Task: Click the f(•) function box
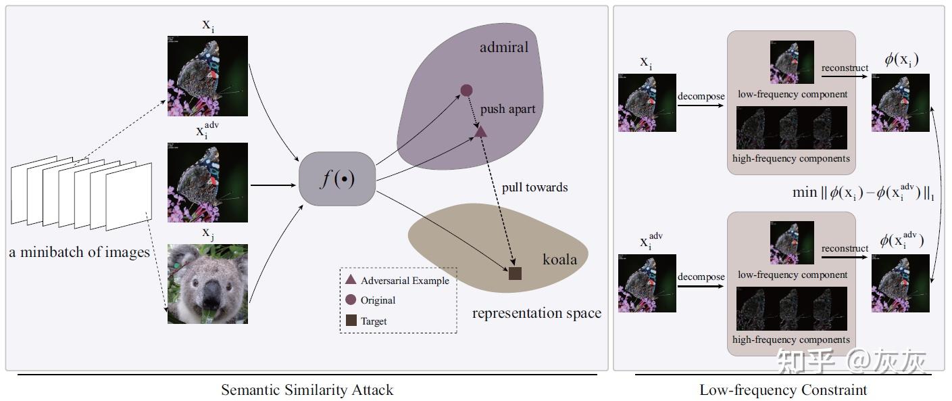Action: [337, 179]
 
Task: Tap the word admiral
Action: [504, 47]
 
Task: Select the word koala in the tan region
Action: [559, 260]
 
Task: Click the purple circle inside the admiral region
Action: [466, 90]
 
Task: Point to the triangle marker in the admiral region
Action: [480, 132]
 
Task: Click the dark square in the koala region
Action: [515, 273]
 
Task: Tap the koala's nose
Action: [211, 293]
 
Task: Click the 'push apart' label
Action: [507, 110]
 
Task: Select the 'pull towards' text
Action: [534, 187]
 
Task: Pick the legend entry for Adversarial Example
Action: [397, 280]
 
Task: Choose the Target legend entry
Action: [366, 321]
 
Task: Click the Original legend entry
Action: [370, 300]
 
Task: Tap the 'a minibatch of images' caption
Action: [79, 252]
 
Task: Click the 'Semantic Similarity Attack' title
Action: [307, 390]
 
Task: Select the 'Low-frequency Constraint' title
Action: [783, 390]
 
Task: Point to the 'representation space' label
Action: [536, 313]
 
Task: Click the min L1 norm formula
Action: [863, 193]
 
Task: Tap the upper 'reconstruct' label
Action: [845, 68]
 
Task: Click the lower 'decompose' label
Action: [701, 277]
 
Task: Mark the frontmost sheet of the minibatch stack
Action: [129, 197]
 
